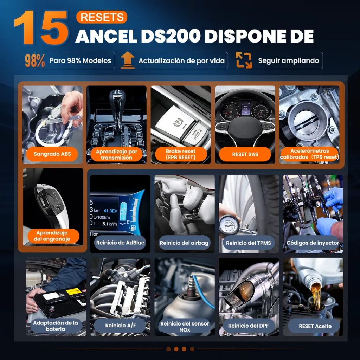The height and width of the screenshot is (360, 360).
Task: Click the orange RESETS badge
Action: [102, 17]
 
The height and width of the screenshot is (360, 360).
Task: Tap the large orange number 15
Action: [41, 27]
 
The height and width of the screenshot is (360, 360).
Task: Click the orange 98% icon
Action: [35, 60]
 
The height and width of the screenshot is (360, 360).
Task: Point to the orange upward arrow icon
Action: [128, 60]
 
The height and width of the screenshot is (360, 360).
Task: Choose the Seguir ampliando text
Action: [288, 60]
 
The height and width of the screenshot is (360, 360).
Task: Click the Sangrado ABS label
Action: [52, 154]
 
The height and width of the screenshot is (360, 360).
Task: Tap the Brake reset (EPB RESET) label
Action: [181, 154]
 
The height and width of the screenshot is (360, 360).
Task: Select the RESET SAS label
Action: [245, 154]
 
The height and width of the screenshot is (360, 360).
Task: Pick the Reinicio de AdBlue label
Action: [120, 243]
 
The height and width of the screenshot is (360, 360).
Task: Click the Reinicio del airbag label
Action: [184, 243]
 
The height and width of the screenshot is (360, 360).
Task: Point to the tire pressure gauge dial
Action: [229, 226]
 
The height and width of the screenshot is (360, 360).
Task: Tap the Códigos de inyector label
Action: [313, 243]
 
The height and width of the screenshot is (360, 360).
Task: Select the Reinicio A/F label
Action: [120, 326]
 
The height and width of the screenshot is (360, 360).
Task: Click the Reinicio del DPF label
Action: [249, 326]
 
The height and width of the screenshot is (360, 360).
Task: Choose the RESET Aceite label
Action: [315, 326]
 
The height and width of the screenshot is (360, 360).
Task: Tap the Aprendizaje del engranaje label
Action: [52, 236]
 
